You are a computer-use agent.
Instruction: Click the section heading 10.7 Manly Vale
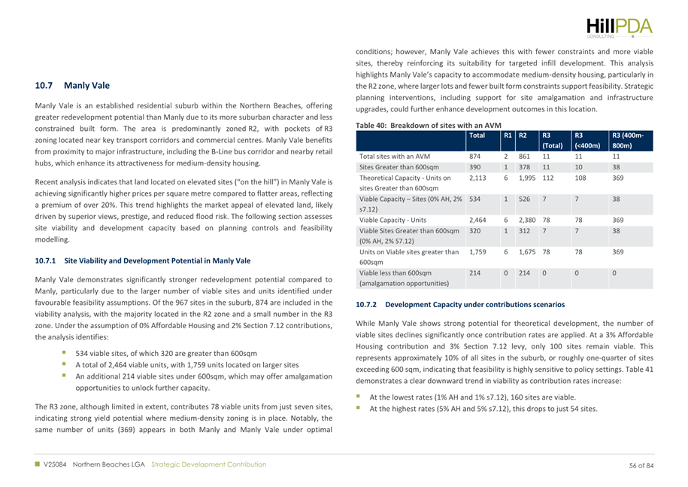[x=72, y=86]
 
